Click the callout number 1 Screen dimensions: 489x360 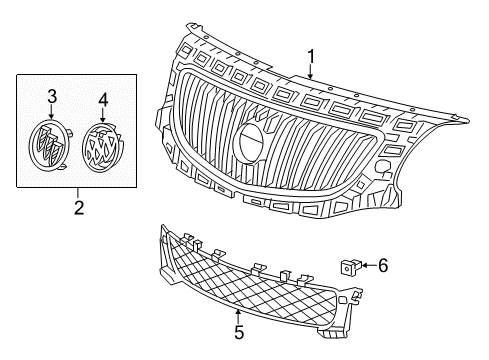[x=311, y=57]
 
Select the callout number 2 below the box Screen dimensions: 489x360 [x=79, y=208]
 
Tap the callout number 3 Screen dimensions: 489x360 [x=52, y=97]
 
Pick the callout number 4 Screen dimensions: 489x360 [x=103, y=100]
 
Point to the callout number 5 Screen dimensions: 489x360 [x=239, y=332]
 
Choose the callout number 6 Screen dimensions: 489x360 [x=383, y=266]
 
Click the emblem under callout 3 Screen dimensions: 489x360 [x=50, y=144]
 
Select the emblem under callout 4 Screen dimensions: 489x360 [x=103, y=147]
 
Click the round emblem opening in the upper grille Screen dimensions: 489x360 [x=251, y=142]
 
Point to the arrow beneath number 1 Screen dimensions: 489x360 [x=311, y=71]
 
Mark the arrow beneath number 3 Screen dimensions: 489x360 [x=51, y=112]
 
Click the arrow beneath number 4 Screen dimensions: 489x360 [x=103, y=115]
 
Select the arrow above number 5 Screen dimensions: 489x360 [x=238, y=317]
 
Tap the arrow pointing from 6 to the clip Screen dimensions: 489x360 [x=368, y=265]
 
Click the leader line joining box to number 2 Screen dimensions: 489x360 [x=78, y=194]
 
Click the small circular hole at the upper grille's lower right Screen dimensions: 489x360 [x=381, y=166]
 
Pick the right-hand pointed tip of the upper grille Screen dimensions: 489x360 [x=467, y=119]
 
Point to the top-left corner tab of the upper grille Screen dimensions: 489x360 [x=193, y=27]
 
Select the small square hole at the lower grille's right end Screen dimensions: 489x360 [x=342, y=300]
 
